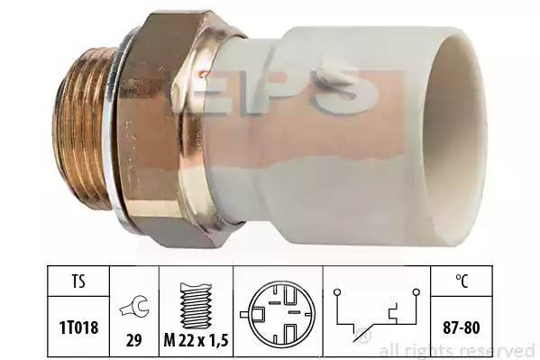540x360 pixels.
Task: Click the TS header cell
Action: [x=78, y=282]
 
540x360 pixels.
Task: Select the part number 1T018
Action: [x=78, y=328]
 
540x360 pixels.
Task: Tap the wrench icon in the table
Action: [x=134, y=307]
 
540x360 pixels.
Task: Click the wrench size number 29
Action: [x=134, y=340]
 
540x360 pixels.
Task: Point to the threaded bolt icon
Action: [x=196, y=306]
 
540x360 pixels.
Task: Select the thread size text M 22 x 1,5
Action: [x=196, y=341]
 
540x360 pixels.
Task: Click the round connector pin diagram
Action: [x=278, y=315]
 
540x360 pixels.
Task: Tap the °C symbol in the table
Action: [x=462, y=281]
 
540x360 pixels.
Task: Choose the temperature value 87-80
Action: [x=462, y=328]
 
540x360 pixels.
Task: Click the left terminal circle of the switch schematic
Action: [x=337, y=292]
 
